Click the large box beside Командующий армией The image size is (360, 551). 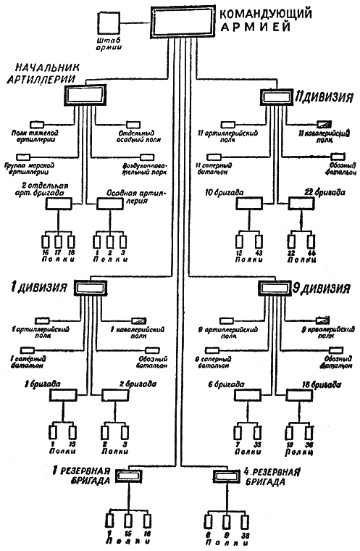(184, 23)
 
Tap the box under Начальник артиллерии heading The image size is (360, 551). (85, 94)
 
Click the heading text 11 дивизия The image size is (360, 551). (320, 95)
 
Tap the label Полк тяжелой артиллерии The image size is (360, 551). (37, 137)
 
